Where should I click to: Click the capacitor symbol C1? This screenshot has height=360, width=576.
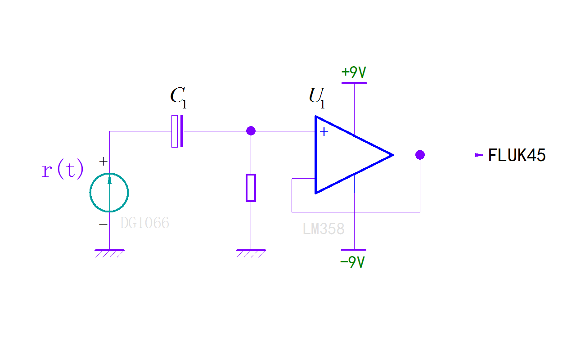178,131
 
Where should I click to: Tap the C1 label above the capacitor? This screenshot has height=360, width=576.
178,97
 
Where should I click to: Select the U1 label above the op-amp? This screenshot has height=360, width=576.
316,97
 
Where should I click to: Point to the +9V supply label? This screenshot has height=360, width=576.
354,72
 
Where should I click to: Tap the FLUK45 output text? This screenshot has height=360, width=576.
517,156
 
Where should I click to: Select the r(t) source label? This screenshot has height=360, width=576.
63,170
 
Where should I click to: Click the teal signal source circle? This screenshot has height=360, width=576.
109,193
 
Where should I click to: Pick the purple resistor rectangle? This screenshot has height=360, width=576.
251,188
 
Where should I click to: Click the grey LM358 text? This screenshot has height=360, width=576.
324,229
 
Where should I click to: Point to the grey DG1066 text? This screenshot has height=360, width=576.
144,223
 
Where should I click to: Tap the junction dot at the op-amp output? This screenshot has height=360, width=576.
420,155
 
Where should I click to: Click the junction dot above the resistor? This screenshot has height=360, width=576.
251,131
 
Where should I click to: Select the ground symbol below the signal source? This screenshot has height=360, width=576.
109,253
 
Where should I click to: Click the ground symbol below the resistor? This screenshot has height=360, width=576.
251,253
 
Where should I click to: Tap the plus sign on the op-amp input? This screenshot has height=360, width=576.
323,132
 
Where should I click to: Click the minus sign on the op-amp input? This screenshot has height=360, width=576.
323,178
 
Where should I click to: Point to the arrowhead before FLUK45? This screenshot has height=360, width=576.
479,155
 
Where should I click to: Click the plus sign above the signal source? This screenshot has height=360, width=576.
103,161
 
